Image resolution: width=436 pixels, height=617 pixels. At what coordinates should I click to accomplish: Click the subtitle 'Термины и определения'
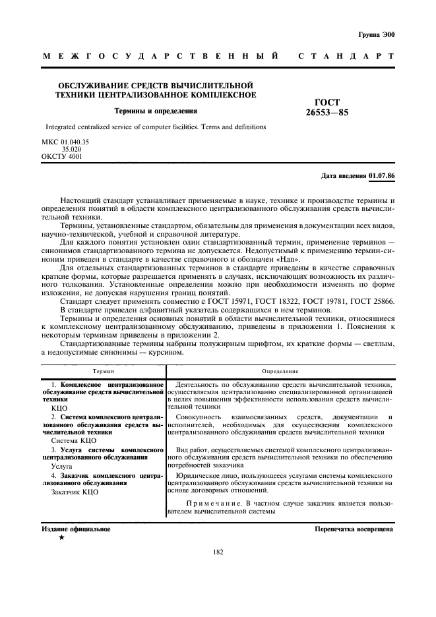(156, 111)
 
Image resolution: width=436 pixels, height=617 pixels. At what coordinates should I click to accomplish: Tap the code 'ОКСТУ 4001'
(62, 157)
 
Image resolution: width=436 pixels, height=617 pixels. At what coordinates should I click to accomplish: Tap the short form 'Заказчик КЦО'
(75, 492)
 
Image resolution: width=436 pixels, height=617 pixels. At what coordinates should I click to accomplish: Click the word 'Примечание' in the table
(214, 504)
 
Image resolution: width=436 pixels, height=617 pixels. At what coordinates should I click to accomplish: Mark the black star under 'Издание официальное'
(61, 539)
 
